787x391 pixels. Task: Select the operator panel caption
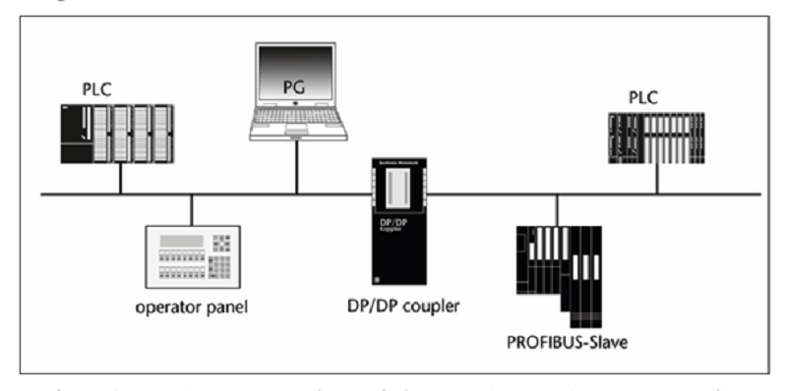(x=191, y=306)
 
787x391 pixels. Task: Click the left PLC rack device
(x=117, y=136)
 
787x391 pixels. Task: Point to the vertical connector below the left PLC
(x=119, y=179)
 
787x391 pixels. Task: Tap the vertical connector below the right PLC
(x=656, y=179)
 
